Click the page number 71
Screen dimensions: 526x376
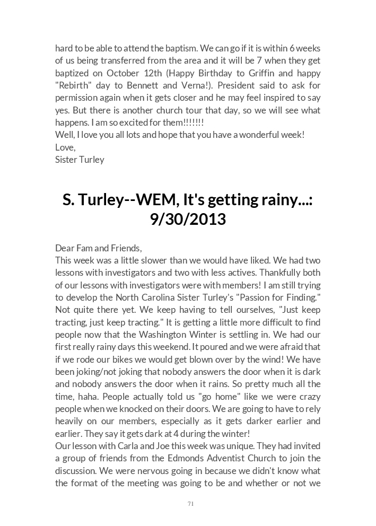pyautogui.click(x=190, y=504)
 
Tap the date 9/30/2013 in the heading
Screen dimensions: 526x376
pyautogui.click(x=188, y=219)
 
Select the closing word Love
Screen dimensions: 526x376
pyautogui.click(x=65, y=147)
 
